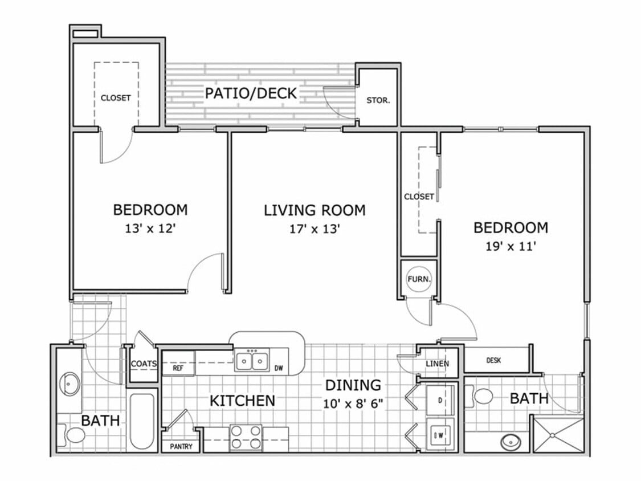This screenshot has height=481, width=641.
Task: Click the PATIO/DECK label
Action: click(x=251, y=93)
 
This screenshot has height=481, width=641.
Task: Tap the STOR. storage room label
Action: click(x=378, y=100)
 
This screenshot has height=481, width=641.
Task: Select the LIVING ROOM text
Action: click(x=315, y=210)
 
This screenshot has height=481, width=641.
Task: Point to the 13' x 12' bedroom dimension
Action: click(x=150, y=229)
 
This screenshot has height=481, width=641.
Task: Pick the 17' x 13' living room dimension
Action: click(x=315, y=229)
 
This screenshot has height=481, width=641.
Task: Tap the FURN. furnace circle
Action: click(x=419, y=279)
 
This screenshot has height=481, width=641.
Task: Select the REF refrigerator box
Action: click(x=178, y=368)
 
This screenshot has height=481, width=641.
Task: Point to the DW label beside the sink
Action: click(x=279, y=368)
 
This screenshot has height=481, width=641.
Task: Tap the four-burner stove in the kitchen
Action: click(x=246, y=437)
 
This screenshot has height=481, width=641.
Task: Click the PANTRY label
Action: click(x=181, y=447)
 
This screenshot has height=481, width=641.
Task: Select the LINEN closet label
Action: click(x=438, y=364)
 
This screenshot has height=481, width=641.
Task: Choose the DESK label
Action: click(x=493, y=360)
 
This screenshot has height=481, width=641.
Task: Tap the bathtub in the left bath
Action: click(x=141, y=421)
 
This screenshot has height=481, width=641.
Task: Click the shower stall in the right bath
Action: click(x=557, y=435)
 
